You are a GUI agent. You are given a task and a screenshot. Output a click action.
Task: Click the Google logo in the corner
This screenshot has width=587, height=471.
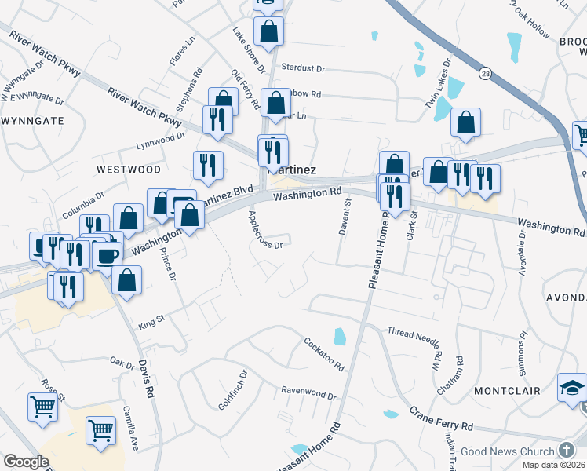26,462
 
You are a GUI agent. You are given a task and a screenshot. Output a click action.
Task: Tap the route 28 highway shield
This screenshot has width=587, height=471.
487,73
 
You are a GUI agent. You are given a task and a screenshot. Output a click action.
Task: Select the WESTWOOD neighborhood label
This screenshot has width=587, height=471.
129,170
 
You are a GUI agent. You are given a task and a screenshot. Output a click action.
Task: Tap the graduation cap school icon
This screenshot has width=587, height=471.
572,388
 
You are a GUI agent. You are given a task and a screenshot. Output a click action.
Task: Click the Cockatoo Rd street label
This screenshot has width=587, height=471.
323,354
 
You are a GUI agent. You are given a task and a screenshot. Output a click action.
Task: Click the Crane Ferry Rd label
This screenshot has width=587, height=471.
440,422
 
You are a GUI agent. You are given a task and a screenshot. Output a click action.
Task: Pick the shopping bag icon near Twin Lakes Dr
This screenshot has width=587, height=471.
465,122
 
